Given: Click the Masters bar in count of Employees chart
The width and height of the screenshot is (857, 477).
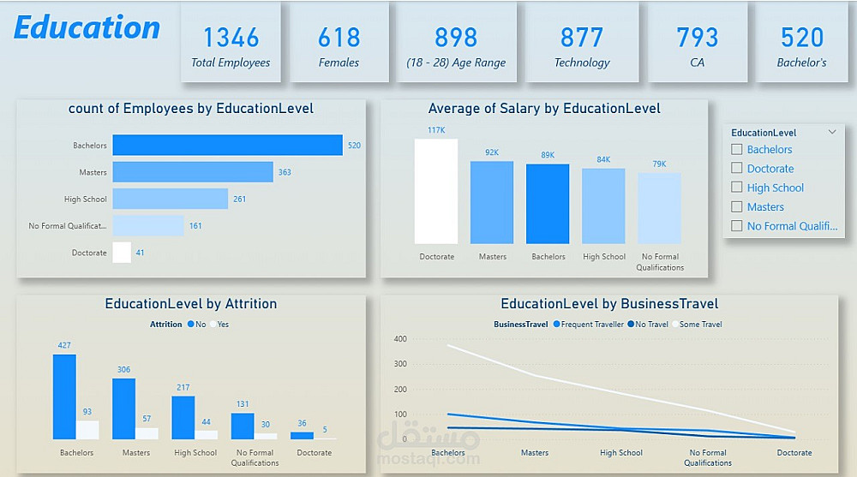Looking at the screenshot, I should pos(193,172).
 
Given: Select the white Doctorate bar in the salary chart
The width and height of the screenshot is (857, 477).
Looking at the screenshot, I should pos(436,191).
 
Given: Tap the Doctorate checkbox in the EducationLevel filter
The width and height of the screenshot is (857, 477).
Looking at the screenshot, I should pos(737,169).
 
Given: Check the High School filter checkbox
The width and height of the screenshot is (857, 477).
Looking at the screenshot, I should pos(737,188).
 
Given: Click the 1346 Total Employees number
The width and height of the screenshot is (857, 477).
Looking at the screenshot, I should pos(231,38).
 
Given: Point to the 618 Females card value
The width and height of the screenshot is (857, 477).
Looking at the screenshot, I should pos(339,38).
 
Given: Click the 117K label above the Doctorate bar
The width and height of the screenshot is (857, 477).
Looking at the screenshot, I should pos(436,130).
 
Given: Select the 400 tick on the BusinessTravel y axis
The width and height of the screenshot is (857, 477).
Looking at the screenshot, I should pos(399,339).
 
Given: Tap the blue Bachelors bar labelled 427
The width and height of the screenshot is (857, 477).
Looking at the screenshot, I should pos(64,397).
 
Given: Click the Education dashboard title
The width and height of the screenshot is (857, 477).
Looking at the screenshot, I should pos(87,28).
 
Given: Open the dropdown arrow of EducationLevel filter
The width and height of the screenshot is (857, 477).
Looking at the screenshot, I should pos(832,133).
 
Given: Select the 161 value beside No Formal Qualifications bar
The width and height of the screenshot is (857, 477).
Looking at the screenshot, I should pos(195,226).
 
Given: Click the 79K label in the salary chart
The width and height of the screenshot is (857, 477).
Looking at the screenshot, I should pos(659,164).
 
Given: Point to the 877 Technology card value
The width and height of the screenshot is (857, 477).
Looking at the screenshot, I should pos(582,38).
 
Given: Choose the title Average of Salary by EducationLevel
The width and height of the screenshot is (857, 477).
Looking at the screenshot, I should pos(544,109).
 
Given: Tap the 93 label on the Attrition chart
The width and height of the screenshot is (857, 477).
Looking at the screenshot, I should pos(87,412).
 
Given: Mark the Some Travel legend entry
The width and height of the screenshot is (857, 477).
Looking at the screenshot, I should pos(698,325).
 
